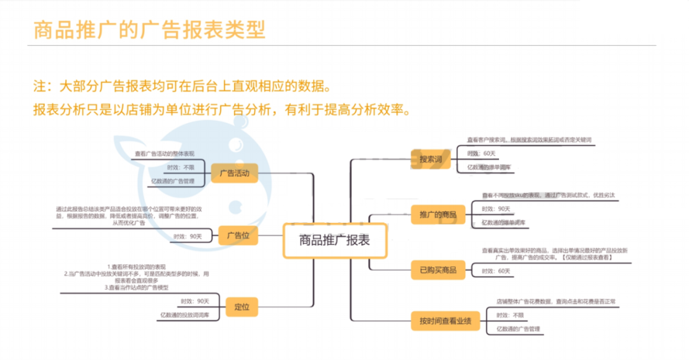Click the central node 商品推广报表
pyautogui.click(x=334, y=240)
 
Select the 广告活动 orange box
pyautogui.click(x=234, y=173)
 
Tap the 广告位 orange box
pyautogui.click(x=238, y=236)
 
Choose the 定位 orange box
pyautogui.click(x=242, y=306)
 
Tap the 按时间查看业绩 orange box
pyautogui.click(x=445, y=321)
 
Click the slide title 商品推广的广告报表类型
pyautogui.click(x=149, y=30)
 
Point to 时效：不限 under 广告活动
pyautogui.click(x=180, y=167)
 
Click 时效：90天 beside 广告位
pyautogui.click(x=187, y=236)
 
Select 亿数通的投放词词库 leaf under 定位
pyautogui.click(x=184, y=315)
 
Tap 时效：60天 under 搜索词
pyautogui.click(x=481, y=153)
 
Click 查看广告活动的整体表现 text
pyautogui.click(x=165, y=154)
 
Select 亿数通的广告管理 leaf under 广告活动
pyautogui.click(x=173, y=181)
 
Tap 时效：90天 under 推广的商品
pyautogui.click(x=496, y=209)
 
